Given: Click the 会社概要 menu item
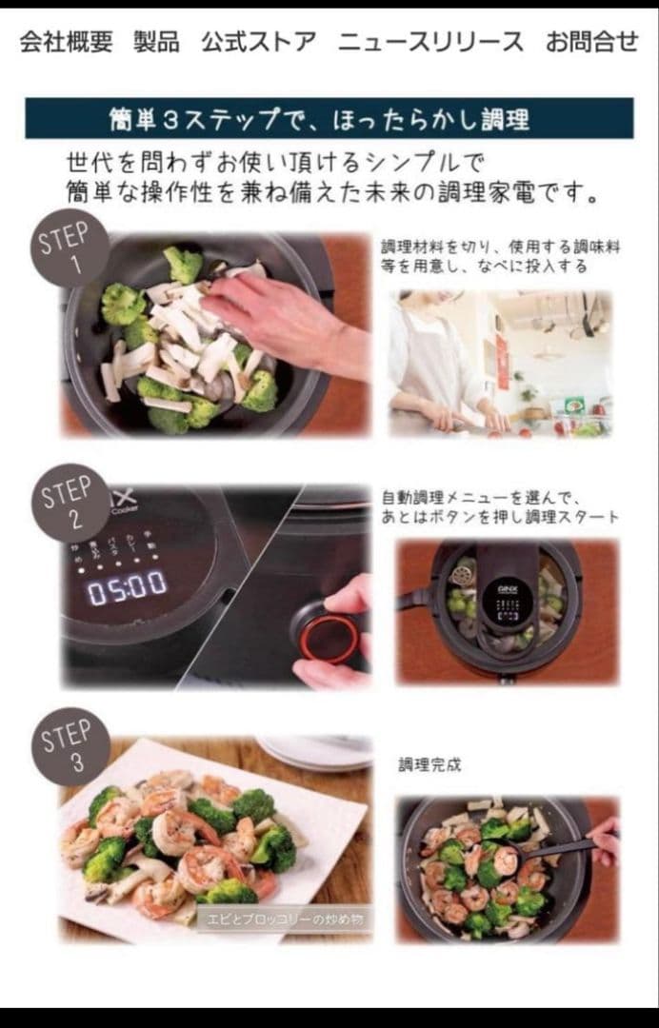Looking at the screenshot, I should (66, 42).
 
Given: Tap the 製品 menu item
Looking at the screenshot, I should (156, 42).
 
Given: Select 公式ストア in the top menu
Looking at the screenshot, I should (258, 42).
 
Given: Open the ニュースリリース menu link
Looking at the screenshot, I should (430, 42).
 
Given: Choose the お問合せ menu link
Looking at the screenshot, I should (591, 42).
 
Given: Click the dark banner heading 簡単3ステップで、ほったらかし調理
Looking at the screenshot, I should (329, 119).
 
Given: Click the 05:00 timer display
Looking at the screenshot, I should (128, 586).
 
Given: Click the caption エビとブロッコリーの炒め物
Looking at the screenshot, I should (285, 919).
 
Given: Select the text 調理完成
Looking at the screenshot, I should (429, 764).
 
